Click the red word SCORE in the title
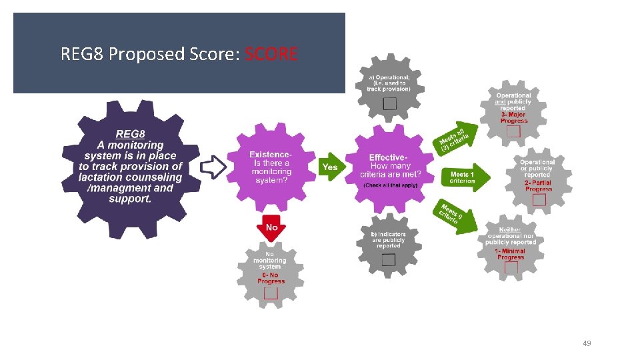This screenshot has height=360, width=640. coord(271,53)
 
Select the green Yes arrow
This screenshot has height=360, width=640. coord(330,167)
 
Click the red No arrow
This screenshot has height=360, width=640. coord(271,228)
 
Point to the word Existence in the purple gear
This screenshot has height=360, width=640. coord(270,155)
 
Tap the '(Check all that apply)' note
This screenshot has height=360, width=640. coord(391,185)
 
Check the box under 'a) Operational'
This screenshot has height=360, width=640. coord(390,103)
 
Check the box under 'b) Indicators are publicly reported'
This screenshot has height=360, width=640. coord(389,259)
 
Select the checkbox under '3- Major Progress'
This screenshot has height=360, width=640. coord(513,131)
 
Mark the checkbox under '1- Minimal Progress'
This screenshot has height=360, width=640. coord(511,268)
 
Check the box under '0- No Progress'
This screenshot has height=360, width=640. coord(271,293)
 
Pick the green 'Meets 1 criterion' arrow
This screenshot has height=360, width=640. coord(463,177)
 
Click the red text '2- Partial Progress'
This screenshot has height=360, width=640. coord(538,185)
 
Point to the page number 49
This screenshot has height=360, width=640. coord(587,343)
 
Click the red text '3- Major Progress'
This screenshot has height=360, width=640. coord(513,117)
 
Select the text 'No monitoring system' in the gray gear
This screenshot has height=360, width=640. coord(270,260)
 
